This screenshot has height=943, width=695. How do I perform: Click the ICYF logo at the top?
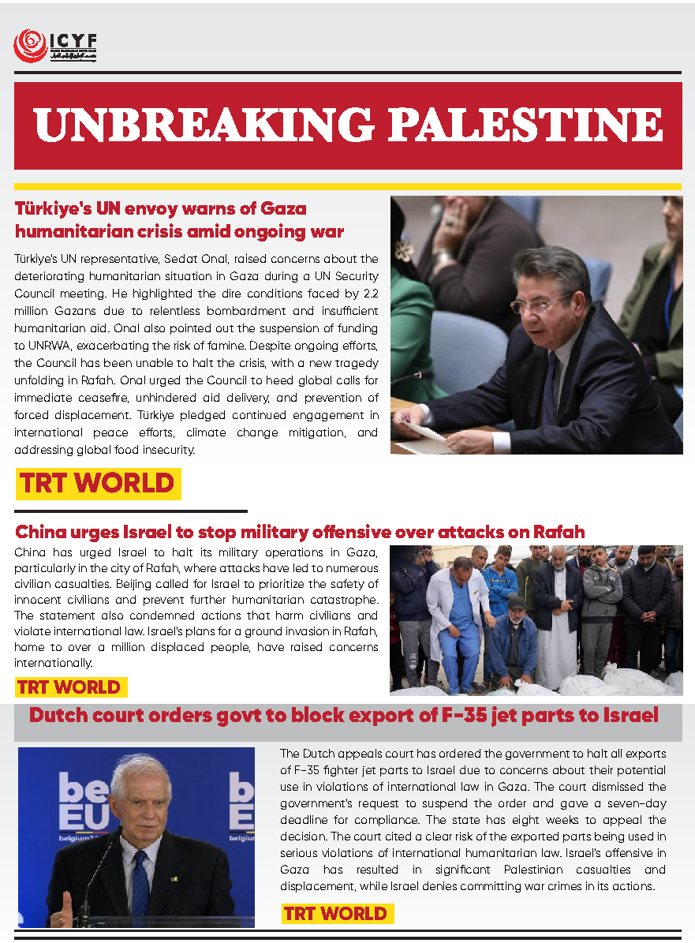coord(54,47)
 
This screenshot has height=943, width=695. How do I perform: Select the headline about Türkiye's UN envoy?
coord(180,220)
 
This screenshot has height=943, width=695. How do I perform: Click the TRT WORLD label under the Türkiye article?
coord(98,484)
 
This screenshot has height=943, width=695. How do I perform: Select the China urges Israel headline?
coord(300,531)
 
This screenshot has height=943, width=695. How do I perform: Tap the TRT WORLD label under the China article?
coord(69,687)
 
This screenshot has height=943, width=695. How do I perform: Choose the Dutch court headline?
coord(343,716)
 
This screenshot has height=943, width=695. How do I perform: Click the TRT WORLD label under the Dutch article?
coord(337,914)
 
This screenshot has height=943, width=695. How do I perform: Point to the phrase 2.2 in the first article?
coord(365,294)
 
